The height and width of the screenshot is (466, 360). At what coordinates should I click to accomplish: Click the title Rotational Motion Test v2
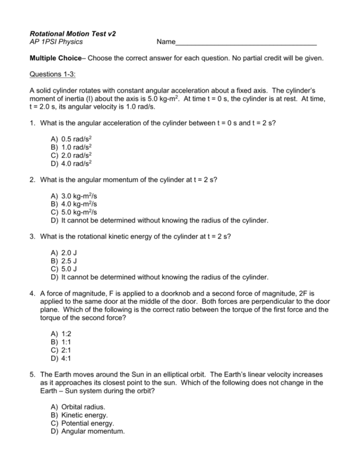(x=73, y=34)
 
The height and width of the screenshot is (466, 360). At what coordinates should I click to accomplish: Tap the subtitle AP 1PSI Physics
(x=56, y=42)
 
